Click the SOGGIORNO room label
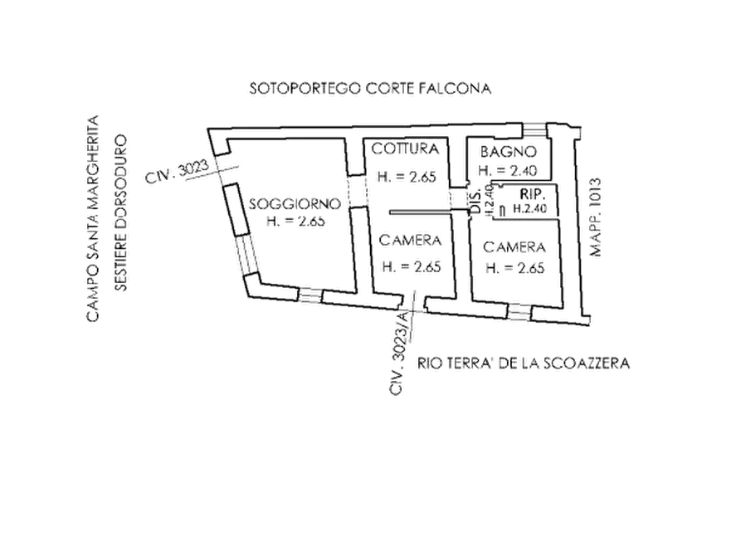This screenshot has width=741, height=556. pos(295,203)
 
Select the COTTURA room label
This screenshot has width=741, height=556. pos(405,149)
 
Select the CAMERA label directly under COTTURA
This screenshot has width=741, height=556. pos(408,241)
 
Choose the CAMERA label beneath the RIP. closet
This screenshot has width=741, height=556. pos(515,247)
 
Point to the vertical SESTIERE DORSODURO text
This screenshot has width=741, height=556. pos(122,212)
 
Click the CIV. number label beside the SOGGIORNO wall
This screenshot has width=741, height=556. pos(183,172)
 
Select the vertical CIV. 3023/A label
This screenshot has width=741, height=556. pos(399,353)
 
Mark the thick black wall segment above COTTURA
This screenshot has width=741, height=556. pos(382,125)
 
